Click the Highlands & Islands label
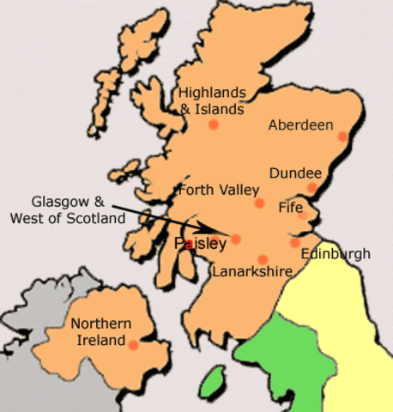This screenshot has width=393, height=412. click(x=211, y=100)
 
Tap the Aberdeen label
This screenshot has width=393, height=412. click(x=300, y=125)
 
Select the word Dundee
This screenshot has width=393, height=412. click(x=295, y=173)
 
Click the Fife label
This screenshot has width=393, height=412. click(x=291, y=208)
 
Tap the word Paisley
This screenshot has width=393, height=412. click(x=200, y=244)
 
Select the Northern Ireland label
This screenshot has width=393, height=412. click(x=101, y=331)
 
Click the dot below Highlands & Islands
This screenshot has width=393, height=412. click(x=214, y=124)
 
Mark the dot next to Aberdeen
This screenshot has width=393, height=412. click(x=342, y=136)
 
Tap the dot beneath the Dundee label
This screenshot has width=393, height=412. click(x=312, y=187)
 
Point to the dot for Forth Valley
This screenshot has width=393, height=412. click(x=259, y=203)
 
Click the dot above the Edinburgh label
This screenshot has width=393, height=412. click(x=294, y=243)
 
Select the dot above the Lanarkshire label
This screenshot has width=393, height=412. click(x=263, y=259)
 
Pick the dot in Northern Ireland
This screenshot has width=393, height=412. click(x=133, y=344)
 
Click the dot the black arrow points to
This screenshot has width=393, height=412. click(x=236, y=239)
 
